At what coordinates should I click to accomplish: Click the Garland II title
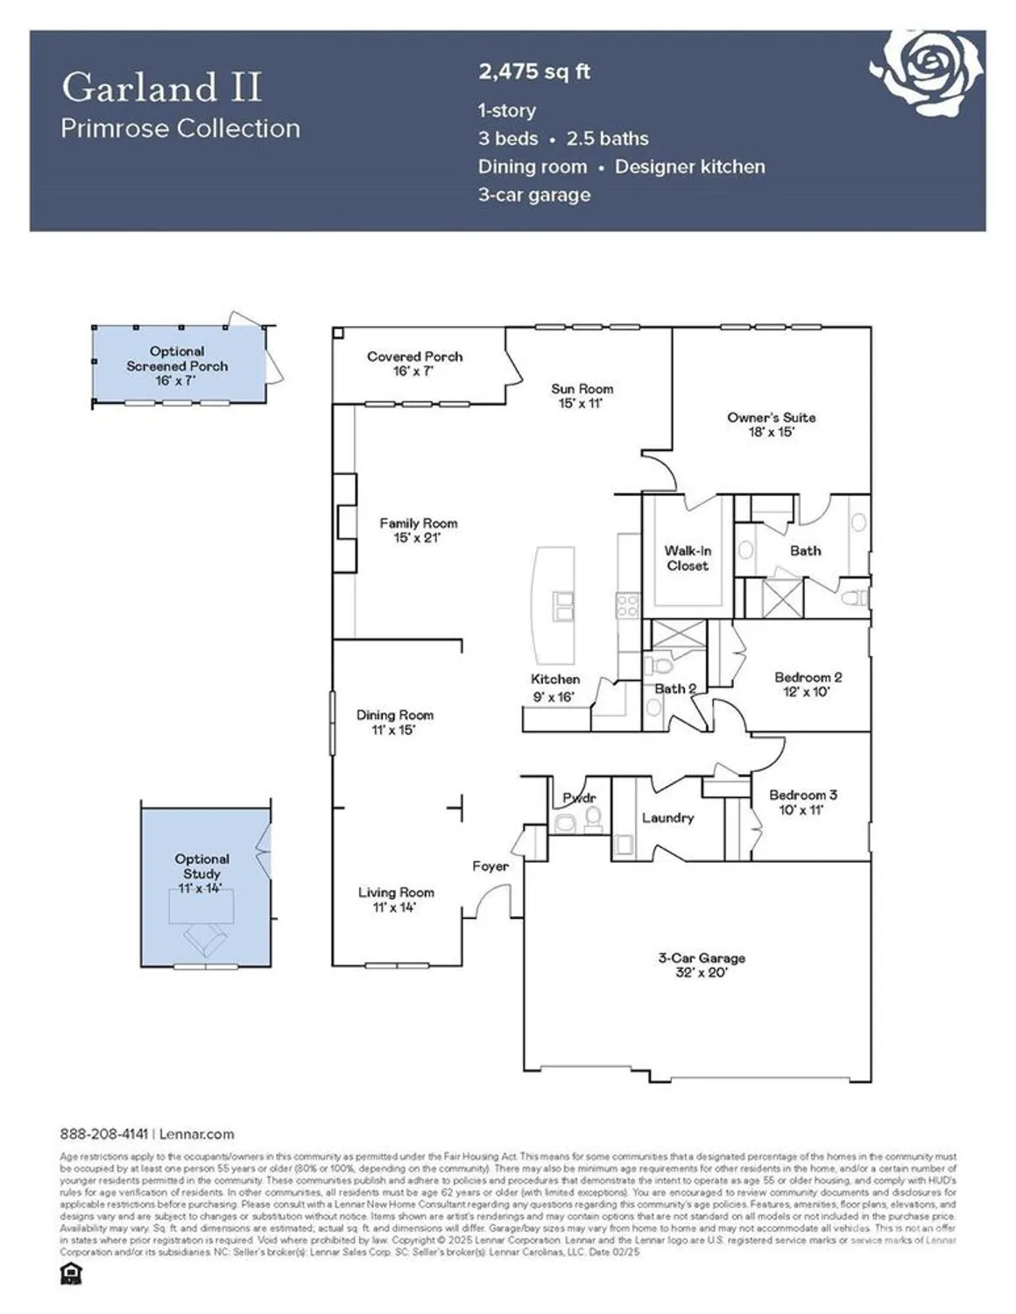(161, 88)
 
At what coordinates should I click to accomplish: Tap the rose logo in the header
(928, 67)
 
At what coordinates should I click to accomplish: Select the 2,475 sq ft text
(533, 72)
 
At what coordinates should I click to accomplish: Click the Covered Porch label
(414, 357)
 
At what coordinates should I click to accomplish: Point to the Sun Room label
(582, 389)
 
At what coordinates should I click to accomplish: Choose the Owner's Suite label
(771, 418)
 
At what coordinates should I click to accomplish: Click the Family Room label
(418, 524)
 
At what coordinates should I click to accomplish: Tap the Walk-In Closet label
(688, 558)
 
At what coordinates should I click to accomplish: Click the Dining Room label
(394, 716)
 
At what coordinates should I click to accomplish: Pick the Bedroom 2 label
(808, 677)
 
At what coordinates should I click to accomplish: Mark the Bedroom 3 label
(802, 795)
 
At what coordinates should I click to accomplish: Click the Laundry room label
(667, 818)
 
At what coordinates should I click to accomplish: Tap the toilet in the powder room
(593, 818)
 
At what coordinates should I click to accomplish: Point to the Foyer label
(490, 866)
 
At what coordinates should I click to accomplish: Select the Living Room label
(396, 893)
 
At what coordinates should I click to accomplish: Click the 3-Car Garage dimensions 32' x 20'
(701, 973)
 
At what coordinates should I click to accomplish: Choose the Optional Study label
(201, 866)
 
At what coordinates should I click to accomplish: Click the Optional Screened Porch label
(177, 359)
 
